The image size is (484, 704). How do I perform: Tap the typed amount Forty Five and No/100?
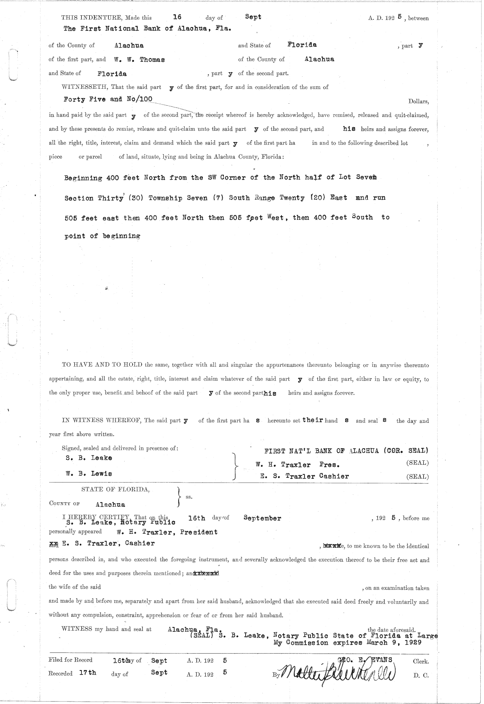pos(108,99)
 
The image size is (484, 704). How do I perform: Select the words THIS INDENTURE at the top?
pos(92,18)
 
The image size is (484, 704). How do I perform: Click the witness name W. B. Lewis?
pos(89,474)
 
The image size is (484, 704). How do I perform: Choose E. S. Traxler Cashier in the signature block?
pos(305,476)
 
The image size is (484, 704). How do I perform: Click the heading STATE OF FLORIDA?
pos(115,489)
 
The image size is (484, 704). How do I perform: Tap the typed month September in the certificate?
pos(262,518)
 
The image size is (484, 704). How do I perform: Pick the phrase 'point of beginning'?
pos(102,236)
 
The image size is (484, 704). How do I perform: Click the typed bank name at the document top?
pos(147,29)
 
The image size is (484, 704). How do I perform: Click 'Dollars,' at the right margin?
pos(418,101)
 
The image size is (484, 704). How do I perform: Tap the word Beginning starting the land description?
pos(83,178)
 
